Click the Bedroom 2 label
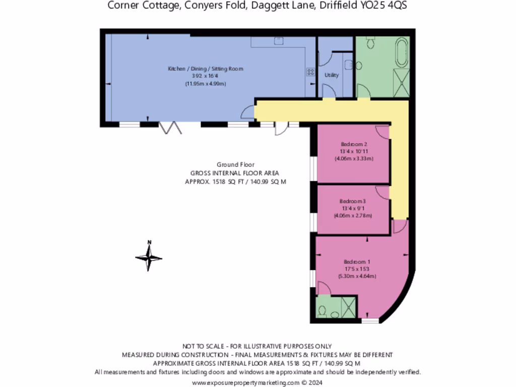click(353, 144)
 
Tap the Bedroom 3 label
click(353, 201)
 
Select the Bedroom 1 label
click(357, 262)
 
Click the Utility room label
click(332, 75)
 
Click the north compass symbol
click(149, 257)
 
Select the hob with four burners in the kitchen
click(310, 73)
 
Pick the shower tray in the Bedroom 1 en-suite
click(348, 305)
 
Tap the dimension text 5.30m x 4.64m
click(357, 276)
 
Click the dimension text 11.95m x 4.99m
click(206, 83)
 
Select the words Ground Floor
click(235, 164)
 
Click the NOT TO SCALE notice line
click(257, 346)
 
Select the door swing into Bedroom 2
click(383, 132)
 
